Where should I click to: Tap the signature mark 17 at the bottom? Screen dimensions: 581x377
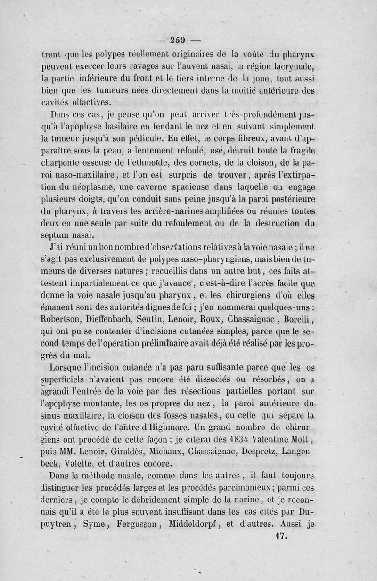point(281,535)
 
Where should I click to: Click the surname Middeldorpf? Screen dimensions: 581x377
point(213,523)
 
